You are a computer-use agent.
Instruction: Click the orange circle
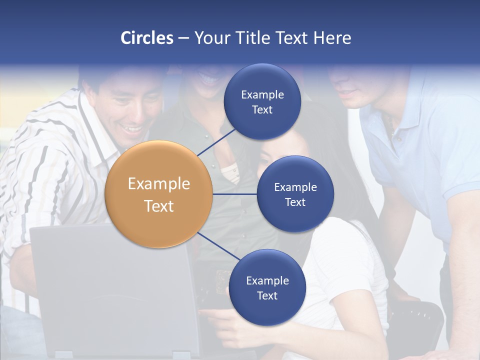[x=159, y=194]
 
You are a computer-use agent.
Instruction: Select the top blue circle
[x=262, y=101]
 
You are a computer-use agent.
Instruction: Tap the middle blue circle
[x=295, y=194]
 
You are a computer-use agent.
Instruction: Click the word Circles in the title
[x=146, y=38]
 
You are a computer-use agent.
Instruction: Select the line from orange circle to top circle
[x=217, y=141]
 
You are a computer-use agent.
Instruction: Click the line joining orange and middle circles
[x=235, y=194]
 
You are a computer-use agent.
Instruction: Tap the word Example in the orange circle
[x=159, y=184]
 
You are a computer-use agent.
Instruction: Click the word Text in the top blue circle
[x=262, y=110]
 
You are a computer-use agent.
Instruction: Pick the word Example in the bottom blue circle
[x=267, y=280]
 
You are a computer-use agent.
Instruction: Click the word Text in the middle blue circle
[x=295, y=202]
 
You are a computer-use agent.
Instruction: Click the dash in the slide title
[x=183, y=38]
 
